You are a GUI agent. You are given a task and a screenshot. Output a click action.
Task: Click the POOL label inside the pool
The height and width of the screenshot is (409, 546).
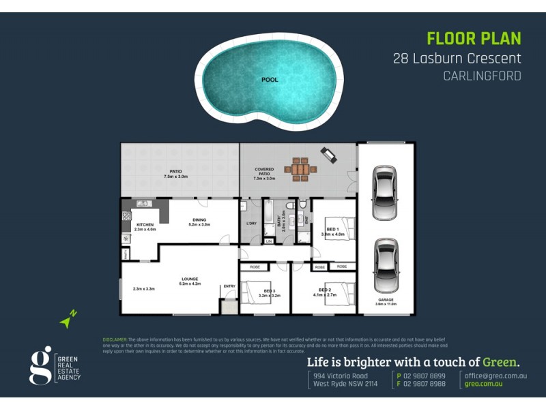270,80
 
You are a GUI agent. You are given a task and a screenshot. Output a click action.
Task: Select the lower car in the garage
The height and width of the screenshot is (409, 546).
385,265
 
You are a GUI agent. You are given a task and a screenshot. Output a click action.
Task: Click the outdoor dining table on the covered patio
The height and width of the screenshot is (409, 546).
301,170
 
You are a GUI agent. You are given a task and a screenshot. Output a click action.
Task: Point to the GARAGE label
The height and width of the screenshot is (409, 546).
385,299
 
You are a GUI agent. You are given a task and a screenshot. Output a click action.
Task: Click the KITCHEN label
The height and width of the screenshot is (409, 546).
145,225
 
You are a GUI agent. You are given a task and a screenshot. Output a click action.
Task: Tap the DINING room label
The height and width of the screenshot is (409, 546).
199,219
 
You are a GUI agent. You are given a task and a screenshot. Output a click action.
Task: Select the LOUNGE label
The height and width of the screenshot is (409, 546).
190,278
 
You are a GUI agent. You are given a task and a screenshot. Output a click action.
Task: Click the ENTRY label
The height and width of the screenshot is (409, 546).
229,286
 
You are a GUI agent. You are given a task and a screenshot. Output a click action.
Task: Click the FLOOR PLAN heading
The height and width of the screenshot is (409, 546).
474,38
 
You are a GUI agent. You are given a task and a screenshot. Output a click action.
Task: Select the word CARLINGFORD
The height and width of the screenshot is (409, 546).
482,76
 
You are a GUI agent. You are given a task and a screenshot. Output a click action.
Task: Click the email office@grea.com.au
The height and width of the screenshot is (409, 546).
495,376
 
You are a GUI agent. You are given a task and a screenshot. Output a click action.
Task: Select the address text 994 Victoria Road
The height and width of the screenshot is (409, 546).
341,376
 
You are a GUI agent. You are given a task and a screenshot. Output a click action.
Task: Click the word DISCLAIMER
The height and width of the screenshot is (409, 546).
114,339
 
